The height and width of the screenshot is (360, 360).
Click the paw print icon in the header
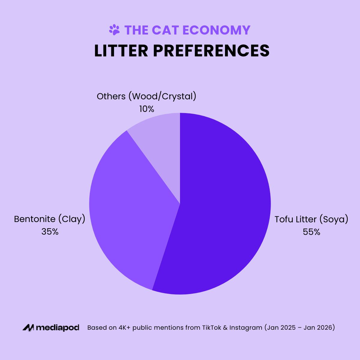(114, 30)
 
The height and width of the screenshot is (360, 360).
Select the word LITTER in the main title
(121, 51)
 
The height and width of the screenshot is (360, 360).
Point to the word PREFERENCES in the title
(211, 51)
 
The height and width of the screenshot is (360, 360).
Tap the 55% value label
(311, 232)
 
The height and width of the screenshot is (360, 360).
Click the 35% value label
(50, 232)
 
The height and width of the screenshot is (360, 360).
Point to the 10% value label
(146, 109)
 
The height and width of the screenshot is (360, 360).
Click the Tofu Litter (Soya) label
(311, 219)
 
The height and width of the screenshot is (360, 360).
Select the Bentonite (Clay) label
(50, 219)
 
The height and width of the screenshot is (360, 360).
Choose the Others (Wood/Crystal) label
(146, 96)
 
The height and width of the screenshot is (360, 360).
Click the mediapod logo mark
(28, 328)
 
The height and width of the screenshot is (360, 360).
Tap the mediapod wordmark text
(58, 328)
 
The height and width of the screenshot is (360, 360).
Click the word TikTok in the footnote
(212, 328)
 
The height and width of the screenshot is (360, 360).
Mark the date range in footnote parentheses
(299, 328)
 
